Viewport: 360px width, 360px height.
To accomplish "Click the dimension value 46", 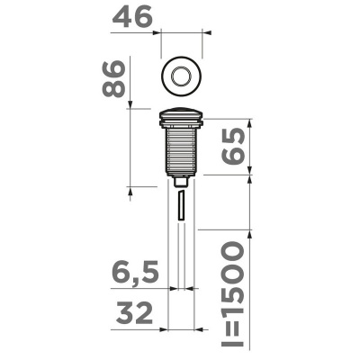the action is click(132, 18).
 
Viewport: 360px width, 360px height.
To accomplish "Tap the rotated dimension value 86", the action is click(113, 78).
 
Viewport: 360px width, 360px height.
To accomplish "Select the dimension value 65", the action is click(231, 146).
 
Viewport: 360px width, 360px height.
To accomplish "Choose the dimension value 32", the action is click(134, 313).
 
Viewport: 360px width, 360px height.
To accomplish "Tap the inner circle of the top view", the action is click(181, 76).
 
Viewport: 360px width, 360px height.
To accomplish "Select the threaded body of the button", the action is click(181, 151).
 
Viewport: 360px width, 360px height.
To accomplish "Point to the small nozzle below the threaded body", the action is click(181, 182).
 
